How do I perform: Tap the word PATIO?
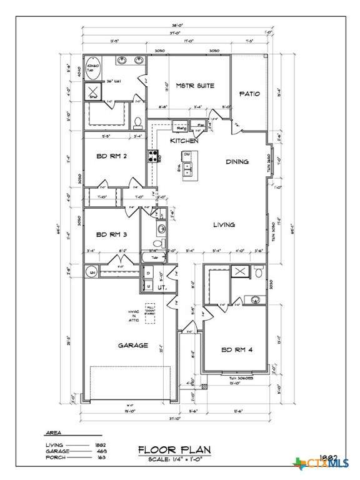click(249, 94)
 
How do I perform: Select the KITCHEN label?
click(184, 141)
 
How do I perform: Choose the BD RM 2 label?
click(112, 156)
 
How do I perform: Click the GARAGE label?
click(133, 345)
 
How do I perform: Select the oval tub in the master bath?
click(93, 67)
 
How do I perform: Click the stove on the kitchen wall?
click(152, 156)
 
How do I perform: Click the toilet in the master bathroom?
click(139, 121)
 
